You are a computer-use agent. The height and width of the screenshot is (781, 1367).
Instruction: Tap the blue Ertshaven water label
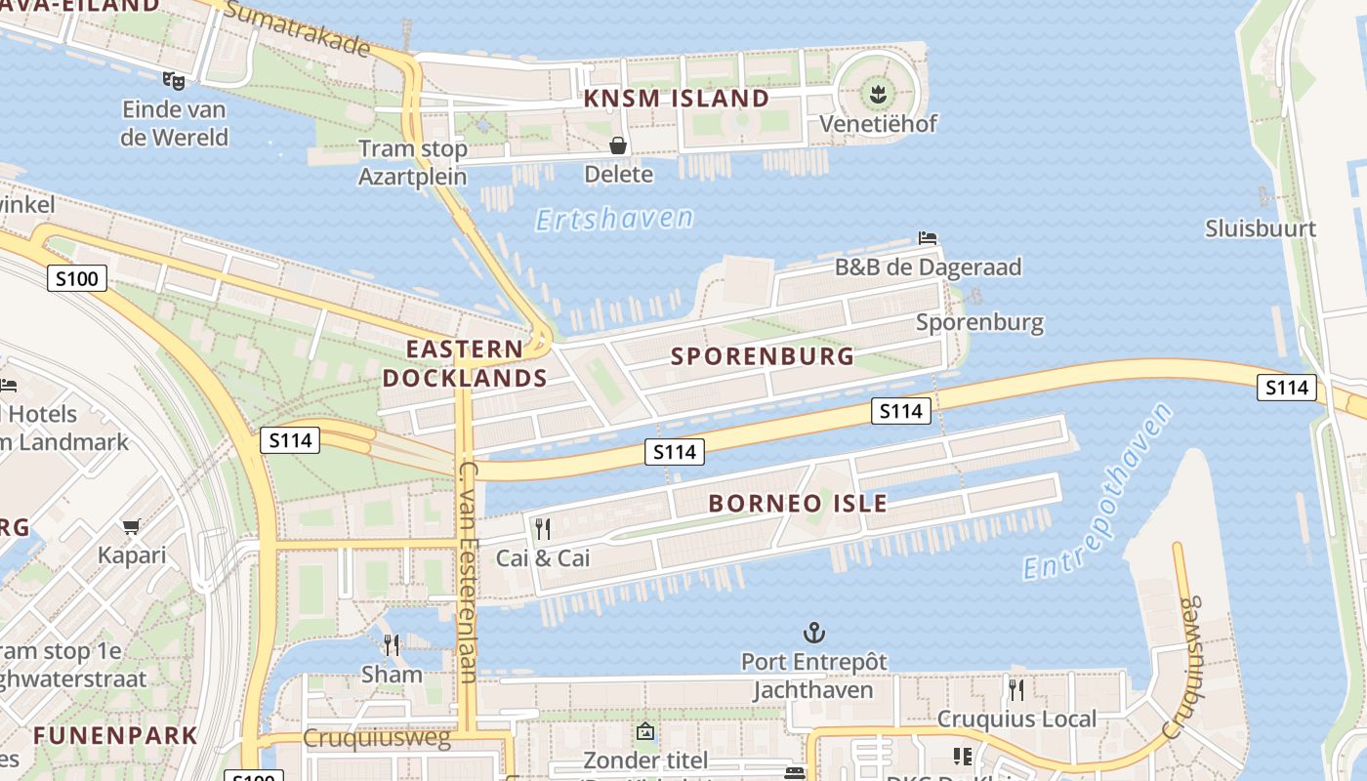click(x=614, y=219)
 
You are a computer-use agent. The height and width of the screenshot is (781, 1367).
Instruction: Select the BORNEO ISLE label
click(x=798, y=504)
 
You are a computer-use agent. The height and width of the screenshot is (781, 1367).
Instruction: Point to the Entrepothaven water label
click(x=1098, y=490)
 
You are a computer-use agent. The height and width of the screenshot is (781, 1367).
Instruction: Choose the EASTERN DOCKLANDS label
click(x=465, y=363)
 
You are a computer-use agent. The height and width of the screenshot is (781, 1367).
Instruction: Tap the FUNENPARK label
click(x=115, y=735)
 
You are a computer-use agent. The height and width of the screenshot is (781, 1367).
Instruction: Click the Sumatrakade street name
click(x=297, y=28)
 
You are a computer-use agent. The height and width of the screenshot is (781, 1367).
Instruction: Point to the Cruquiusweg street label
click(x=377, y=738)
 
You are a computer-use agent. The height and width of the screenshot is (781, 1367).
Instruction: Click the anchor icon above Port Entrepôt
click(x=813, y=634)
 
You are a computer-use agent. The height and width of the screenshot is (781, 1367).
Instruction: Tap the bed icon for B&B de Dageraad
click(x=928, y=237)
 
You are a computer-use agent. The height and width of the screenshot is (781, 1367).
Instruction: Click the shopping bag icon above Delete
click(x=618, y=146)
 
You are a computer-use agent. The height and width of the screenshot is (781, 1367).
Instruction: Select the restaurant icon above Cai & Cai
click(x=543, y=529)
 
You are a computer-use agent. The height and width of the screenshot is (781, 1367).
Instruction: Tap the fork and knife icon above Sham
click(x=392, y=645)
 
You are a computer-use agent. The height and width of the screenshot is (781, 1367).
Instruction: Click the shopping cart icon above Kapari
click(x=132, y=527)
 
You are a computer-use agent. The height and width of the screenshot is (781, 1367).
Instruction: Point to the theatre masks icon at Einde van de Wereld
click(x=174, y=80)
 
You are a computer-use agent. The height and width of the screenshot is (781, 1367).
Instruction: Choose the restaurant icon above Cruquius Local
click(x=1016, y=690)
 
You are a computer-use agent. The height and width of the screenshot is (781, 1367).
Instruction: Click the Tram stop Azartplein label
click(x=413, y=163)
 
